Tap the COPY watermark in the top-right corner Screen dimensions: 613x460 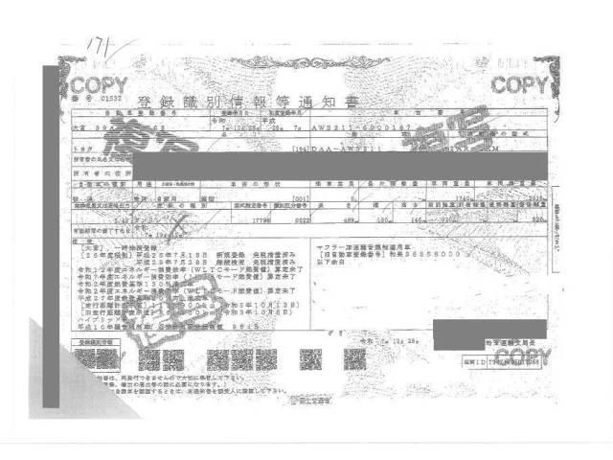pyautogui.click(x=522, y=83)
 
